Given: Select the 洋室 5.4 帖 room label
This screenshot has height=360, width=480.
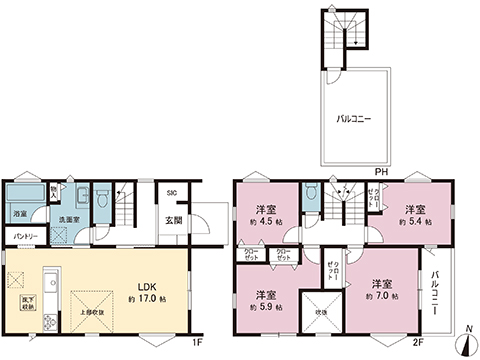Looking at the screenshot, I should pos(416,215).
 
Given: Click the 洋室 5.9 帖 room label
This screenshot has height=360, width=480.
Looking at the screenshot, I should pos(265,300).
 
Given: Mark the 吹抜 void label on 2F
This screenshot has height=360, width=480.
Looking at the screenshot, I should pos(320,313).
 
